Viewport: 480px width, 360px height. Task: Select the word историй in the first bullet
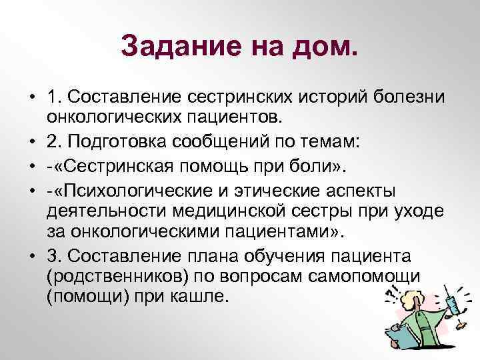tap(333, 99)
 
